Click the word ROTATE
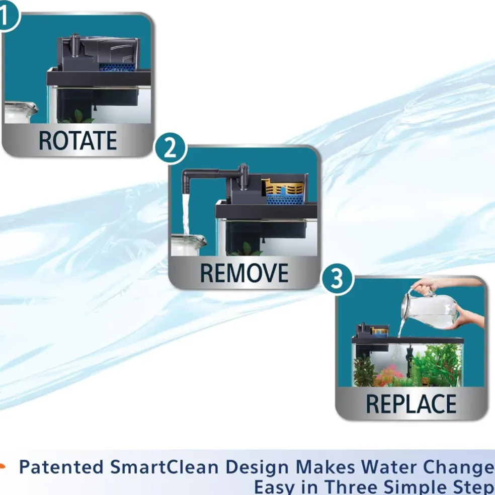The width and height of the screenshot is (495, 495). pyautogui.click(x=77, y=140)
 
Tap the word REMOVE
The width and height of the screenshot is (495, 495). pyautogui.click(x=244, y=273)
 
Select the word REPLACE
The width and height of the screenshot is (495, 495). pyautogui.click(x=411, y=404)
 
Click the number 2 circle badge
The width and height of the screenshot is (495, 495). pyautogui.click(x=171, y=148)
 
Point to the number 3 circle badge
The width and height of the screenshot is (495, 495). pyautogui.click(x=337, y=279)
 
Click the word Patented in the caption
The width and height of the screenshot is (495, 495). pyautogui.click(x=61, y=467)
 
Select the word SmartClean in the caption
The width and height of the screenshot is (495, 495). pyautogui.click(x=164, y=467)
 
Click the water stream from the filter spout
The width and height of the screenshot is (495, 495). pyautogui.click(x=186, y=215)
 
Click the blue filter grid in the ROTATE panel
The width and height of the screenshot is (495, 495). pyautogui.click(x=117, y=67)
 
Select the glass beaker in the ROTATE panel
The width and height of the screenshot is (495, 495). pyautogui.click(x=20, y=112)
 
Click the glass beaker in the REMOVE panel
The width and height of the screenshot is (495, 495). pyautogui.click(x=188, y=245)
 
